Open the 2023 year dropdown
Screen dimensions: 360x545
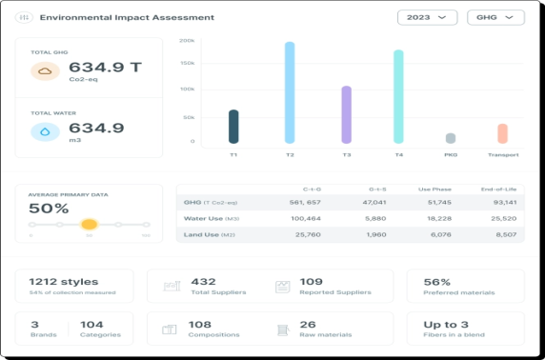pyautogui.click(x=426, y=17)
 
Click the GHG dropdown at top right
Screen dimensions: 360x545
pyautogui.click(x=495, y=17)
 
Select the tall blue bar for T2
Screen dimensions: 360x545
pyautogui.click(x=290, y=92)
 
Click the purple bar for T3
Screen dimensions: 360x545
pyautogui.click(x=346, y=114)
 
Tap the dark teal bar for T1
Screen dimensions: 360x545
pyautogui.click(x=233, y=126)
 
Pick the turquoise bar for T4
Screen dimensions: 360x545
pyautogui.click(x=398, y=96)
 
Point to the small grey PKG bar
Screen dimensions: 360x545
pyautogui.click(x=451, y=138)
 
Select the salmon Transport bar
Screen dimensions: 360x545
pyautogui.click(x=502, y=133)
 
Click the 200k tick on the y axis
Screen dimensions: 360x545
pyautogui.click(x=187, y=41)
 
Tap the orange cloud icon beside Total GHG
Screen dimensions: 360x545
pyautogui.click(x=45, y=70)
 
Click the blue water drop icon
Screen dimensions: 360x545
pyautogui.click(x=45, y=131)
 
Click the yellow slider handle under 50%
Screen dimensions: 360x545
pyautogui.click(x=89, y=225)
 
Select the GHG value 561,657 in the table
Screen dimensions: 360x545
pyautogui.click(x=305, y=202)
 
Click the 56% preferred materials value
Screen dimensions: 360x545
pyautogui.click(x=436, y=282)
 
